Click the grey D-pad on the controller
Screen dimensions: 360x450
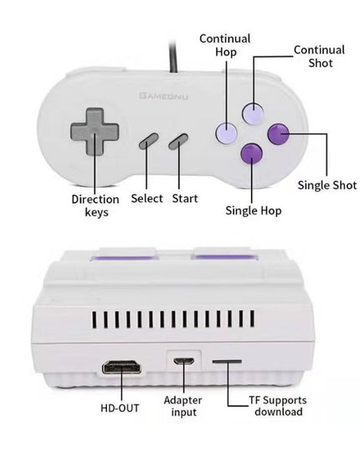click(95, 132)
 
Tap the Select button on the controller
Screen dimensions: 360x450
click(148, 141)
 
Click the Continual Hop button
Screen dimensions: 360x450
click(226, 133)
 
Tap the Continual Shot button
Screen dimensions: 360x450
click(253, 113)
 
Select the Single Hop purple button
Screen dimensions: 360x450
click(252, 153)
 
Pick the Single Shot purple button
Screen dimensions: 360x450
click(278, 134)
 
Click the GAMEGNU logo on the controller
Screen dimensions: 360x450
click(163, 96)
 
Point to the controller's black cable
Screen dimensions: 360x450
click(172, 56)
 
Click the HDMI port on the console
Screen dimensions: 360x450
click(121, 367)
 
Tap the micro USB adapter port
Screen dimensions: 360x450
click(183, 361)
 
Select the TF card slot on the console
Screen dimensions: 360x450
click(227, 361)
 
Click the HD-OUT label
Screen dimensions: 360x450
click(120, 408)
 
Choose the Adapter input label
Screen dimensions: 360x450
click(183, 406)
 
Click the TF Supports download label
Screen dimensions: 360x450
click(278, 406)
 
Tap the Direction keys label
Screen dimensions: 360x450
click(95, 206)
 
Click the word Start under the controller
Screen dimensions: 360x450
click(185, 199)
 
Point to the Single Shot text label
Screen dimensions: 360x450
click(327, 185)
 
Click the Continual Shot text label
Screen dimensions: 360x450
click(319, 56)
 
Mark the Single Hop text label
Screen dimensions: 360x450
click(254, 210)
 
